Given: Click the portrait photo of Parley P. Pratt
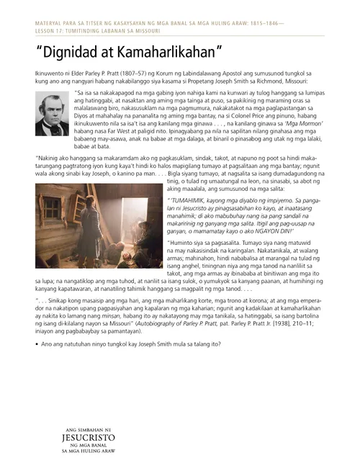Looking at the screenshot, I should coord(52,114).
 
